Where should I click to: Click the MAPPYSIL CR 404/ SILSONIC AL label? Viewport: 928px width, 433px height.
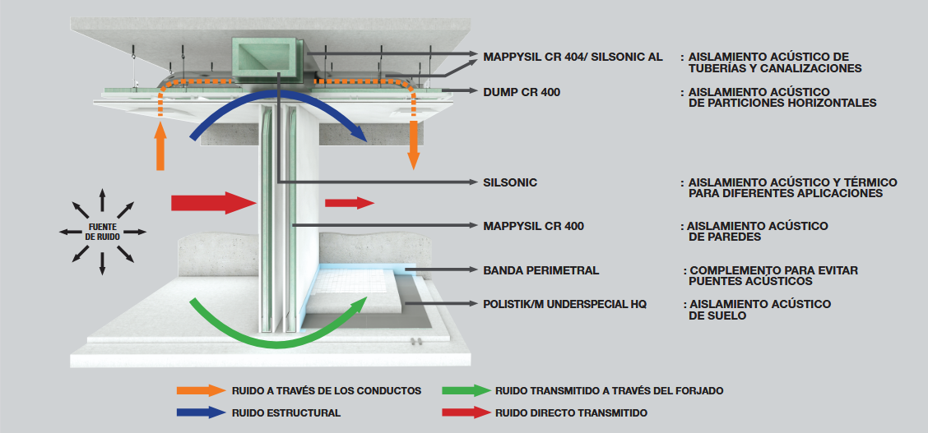(573, 57)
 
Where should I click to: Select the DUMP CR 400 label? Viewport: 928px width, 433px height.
(522, 92)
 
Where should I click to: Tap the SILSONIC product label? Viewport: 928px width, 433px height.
(510, 182)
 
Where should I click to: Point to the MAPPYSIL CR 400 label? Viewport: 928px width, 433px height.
(533, 226)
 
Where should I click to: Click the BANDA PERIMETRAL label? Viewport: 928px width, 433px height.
(541, 270)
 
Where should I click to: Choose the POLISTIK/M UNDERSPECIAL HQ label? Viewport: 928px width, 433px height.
(564, 304)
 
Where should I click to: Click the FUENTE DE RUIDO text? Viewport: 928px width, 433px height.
(102, 232)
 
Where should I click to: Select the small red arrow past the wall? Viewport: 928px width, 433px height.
(349, 203)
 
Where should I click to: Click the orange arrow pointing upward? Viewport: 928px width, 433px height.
(160, 145)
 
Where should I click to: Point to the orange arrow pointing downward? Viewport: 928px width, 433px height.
(413, 147)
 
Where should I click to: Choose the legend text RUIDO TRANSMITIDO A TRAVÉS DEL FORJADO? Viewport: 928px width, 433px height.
(609, 391)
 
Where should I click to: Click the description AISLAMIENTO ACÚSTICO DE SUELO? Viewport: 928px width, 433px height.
(759, 310)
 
